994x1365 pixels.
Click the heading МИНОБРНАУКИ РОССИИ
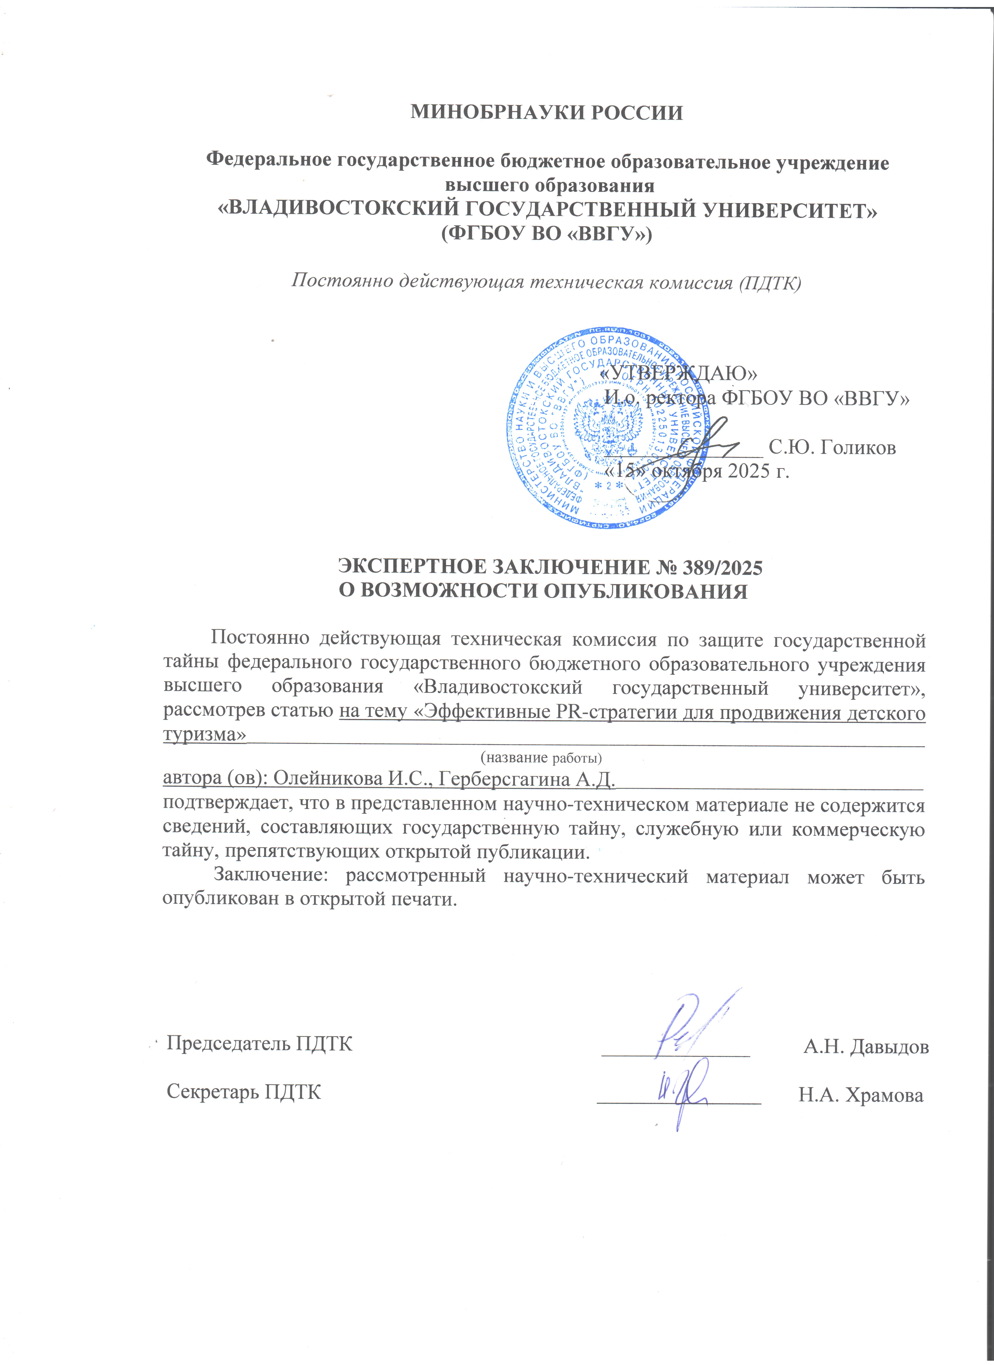(x=546, y=112)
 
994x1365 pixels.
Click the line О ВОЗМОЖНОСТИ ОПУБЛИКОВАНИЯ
(x=543, y=591)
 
